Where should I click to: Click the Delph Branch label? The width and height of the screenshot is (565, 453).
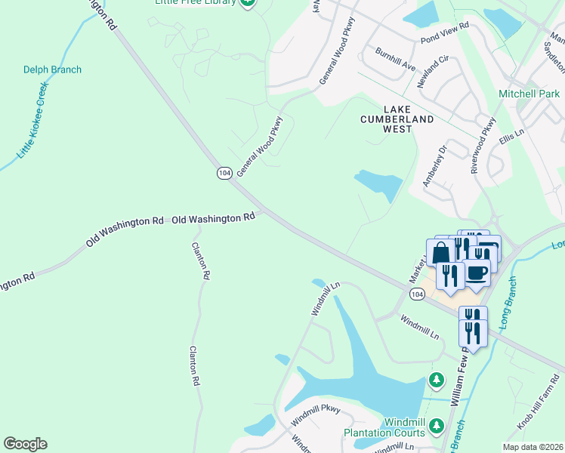(x=52, y=69)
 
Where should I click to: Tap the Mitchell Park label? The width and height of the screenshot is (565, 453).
(x=529, y=94)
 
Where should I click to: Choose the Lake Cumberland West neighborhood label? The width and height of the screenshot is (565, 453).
(x=397, y=119)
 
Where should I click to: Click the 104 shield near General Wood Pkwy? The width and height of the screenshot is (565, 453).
(x=224, y=173)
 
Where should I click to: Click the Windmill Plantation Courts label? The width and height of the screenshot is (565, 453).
(x=384, y=427)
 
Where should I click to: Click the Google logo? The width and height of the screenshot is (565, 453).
(x=25, y=444)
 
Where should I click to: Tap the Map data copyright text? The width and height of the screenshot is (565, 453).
(x=534, y=447)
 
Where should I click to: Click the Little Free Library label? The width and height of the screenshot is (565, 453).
(x=195, y=2)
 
